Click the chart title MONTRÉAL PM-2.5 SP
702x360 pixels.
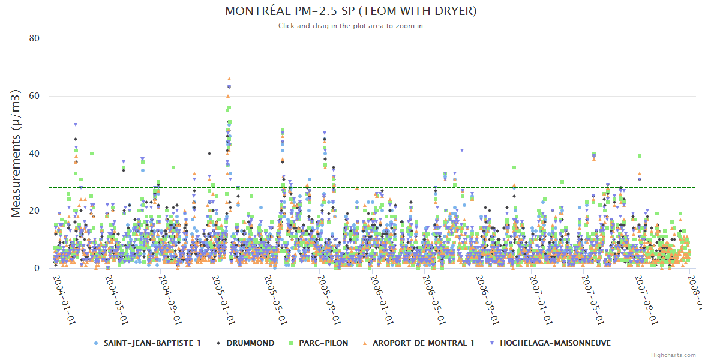(x=350, y=11)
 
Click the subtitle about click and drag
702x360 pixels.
(x=350, y=26)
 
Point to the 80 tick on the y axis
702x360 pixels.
(x=34, y=38)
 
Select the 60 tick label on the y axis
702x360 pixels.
(x=34, y=96)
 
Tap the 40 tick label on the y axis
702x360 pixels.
(x=34, y=154)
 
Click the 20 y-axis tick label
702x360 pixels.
(x=34, y=211)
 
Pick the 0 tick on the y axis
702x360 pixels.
(x=37, y=268)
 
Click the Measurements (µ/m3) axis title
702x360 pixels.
(x=17, y=153)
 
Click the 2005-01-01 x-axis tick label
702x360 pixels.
(x=223, y=299)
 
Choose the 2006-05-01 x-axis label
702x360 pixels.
(x=434, y=299)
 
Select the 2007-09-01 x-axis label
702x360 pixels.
(x=646, y=299)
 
